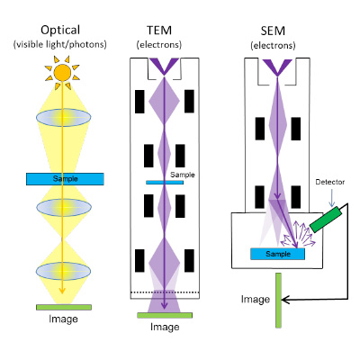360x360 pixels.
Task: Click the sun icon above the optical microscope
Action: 62,73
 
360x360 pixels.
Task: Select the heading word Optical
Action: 60,31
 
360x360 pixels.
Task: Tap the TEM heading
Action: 159,31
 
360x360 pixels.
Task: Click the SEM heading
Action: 273,31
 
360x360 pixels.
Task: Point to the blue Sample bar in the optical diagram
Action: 65,179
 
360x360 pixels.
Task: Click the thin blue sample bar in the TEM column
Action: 165,183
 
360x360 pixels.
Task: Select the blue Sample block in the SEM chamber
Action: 278,254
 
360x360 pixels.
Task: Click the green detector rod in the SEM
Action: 326,220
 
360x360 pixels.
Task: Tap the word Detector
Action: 330,182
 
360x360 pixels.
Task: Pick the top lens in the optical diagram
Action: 64,117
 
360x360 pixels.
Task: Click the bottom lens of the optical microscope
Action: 63,271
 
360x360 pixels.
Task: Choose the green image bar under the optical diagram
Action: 64,307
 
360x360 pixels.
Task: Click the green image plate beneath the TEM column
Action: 165,315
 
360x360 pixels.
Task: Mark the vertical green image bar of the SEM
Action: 278,301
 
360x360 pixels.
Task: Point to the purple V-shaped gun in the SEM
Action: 277,67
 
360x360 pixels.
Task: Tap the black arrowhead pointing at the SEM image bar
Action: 285,300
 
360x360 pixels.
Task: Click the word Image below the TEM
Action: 165,327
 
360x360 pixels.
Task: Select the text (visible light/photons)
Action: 60,44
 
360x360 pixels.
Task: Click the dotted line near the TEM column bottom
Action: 165,292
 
